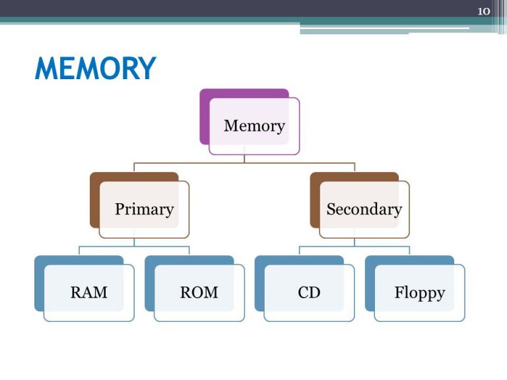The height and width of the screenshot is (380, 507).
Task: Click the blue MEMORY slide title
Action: (x=95, y=68)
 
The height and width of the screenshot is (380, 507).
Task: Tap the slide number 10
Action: (x=484, y=11)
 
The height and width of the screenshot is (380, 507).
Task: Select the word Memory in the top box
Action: (x=254, y=126)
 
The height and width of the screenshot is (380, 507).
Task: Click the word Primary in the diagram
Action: (x=145, y=209)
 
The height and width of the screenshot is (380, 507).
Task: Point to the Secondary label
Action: (x=364, y=208)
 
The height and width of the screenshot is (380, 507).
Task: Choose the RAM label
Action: (x=89, y=292)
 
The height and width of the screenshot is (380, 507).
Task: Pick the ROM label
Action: (x=199, y=292)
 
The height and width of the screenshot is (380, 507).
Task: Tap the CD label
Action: (x=309, y=292)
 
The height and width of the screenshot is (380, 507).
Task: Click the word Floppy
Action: (x=420, y=293)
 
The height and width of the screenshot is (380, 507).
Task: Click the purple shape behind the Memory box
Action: (x=205, y=116)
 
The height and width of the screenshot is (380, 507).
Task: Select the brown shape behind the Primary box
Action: (x=94, y=201)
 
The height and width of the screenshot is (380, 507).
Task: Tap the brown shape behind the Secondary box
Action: (x=315, y=201)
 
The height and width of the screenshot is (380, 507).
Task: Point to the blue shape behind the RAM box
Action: (x=39, y=284)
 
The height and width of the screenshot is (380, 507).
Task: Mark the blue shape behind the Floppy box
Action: (x=370, y=284)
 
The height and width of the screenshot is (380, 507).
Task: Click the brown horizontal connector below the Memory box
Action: (x=244, y=163)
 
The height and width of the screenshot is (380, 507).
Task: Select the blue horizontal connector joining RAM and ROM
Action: (x=134, y=247)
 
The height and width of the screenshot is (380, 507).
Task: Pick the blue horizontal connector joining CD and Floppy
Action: (x=355, y=247)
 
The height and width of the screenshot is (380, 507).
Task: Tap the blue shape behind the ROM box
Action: (x=149, y=284)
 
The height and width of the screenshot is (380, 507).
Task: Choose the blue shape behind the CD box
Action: (x=259, y=284)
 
